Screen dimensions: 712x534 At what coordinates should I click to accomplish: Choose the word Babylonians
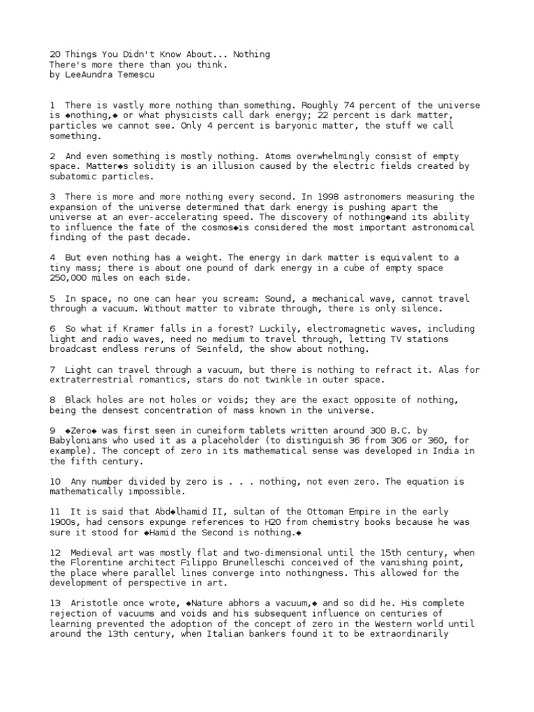coord(79,441)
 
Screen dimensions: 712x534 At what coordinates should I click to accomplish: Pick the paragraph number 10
coord(55,482)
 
